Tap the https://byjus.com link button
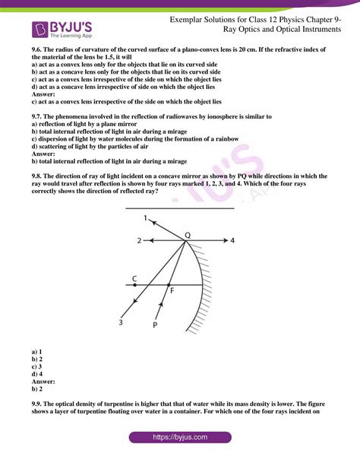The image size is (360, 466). (x=179, y=438)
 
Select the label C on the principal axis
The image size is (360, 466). (x=134, y=278)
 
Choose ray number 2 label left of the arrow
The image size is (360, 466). (x=139, y=240)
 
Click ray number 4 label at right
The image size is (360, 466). (x=232, y=240)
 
